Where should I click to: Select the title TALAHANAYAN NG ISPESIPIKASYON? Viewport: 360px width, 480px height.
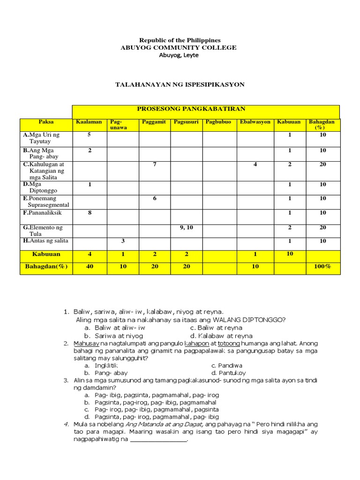point(180,84)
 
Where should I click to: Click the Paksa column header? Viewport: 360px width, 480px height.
point(46,122)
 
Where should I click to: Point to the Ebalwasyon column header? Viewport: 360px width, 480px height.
point(255,122)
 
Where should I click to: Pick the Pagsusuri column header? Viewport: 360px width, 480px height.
point(186,122)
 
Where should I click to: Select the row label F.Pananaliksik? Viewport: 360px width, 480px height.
point(42,213)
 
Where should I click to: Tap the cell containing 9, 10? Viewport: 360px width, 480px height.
point(186,227)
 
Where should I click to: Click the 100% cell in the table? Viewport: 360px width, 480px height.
point(322,266)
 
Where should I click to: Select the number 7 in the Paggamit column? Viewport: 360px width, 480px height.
point(154,165)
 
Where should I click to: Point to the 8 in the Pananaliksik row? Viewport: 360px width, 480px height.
point(89,213)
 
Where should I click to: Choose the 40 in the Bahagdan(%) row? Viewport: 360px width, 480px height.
point(89,266)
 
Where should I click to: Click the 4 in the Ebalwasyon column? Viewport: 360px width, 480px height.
point(255,165)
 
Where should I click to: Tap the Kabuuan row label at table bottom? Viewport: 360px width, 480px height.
point(45,254)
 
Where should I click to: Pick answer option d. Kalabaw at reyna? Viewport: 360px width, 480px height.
point(222,336)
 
